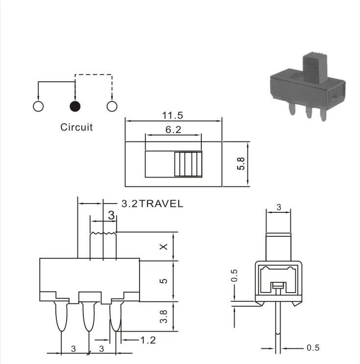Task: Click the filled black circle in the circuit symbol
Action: (x=75, y=106)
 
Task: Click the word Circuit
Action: (x=76, y=127)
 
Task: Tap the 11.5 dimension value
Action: (x=172, y=115)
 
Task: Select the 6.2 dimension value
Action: (x=173, y=130)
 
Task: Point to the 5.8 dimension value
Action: (x=241, y=164)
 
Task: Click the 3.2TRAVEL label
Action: (x=152, y=204)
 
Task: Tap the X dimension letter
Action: (x=164, y=247)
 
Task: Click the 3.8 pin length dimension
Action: (x=164, y=317)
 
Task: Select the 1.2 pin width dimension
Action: (x=148, y=340)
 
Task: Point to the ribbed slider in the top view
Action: (x=188, y=164)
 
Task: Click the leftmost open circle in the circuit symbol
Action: (x=38, y=106)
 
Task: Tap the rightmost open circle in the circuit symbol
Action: (x=112, y=106)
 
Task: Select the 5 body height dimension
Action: (x=164, y=281)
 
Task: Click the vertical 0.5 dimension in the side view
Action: (x=234, y=275)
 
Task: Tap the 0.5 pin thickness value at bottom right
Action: (x=313, y=348)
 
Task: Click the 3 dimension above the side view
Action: (x=279, y=207)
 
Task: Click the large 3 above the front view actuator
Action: (x=112, y=215)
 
